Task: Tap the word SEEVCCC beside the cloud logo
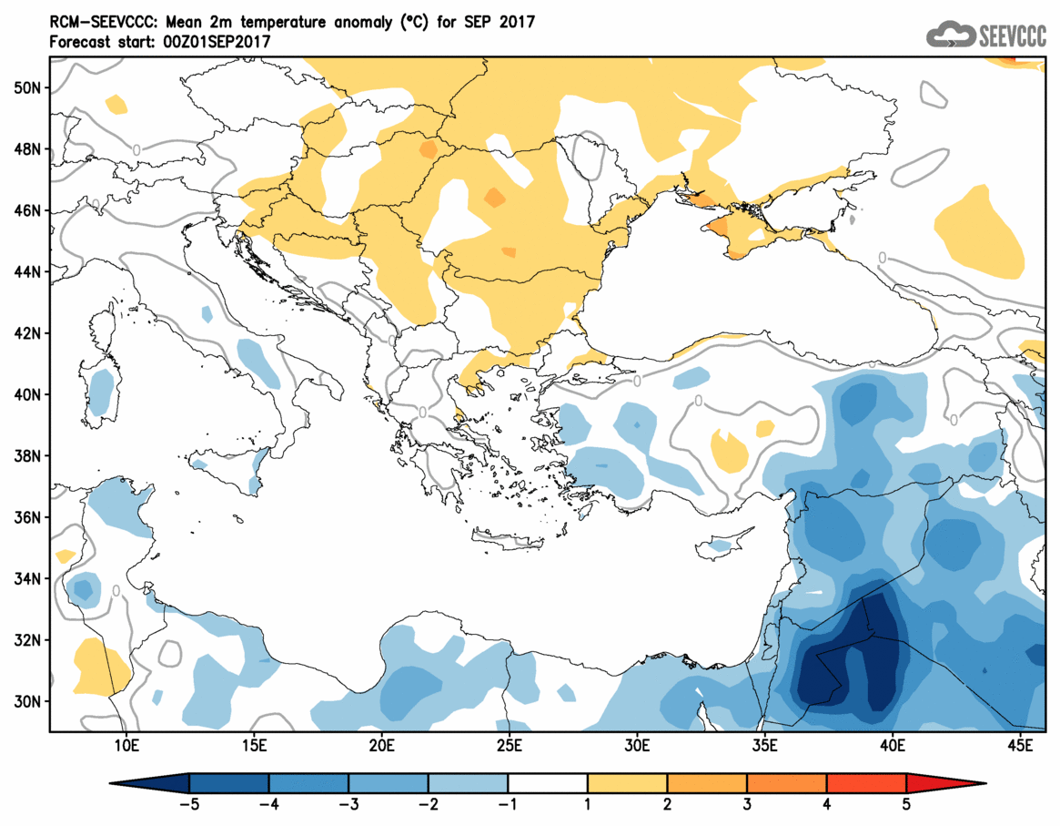[x=1012, y=36]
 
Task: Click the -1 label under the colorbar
[x=508, y=805]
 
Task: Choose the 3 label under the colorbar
[x=747, y=805]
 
